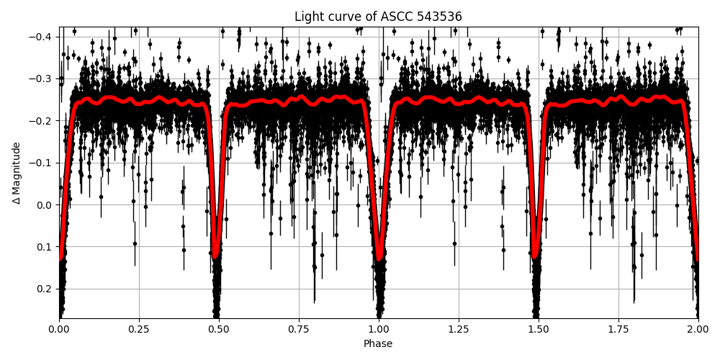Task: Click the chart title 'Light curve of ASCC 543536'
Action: click(378, 17)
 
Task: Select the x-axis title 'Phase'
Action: click(378, 344)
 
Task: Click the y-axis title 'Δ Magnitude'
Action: click(16, 173)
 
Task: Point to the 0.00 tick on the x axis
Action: click(59, 329)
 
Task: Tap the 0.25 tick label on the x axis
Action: click(139, 329)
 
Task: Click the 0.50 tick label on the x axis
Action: click(219, 329)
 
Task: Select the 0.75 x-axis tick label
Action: click(299, 329)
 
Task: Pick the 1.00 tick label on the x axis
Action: click(379, 329)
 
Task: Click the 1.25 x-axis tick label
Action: click(459, 329)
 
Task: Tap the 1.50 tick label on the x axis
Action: click(539, 329)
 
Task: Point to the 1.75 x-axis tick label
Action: click(618, 329)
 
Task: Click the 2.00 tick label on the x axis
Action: click(698, 329)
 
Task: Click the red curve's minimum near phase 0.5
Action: click(216, 256)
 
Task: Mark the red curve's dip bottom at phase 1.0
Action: click(379, 258)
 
